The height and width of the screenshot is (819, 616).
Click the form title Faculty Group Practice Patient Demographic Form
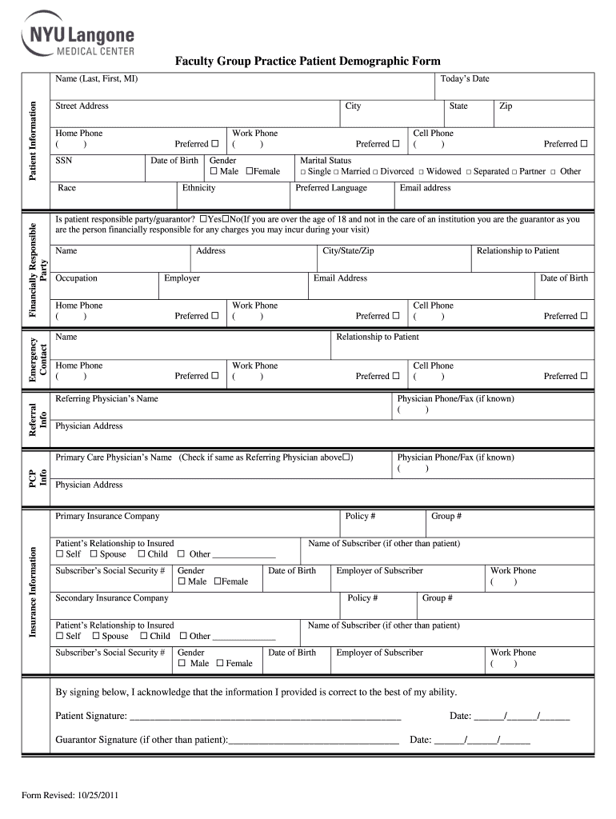[x=308, y=62]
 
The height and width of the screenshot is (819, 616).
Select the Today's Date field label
[x=465, y=79]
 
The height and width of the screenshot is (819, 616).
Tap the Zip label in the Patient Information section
[x=506, y=106]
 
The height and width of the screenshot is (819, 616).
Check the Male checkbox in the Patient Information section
[x=214, y=172]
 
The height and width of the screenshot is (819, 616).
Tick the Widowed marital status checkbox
[x=421, y=172]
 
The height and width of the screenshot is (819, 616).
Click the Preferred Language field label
[x=331, y=189]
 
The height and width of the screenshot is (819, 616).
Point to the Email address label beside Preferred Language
[x=425, y=189]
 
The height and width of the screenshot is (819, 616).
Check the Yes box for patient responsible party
[x=204, y=219]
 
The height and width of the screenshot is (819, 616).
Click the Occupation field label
[x=76, y=278]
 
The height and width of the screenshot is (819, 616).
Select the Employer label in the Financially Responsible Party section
[x=182, y=278]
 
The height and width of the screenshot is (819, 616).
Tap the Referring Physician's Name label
[x=106, y=399]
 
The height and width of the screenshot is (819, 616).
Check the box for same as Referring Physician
[x=346, y=457]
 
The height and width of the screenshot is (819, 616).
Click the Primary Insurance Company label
[x=107, y=517]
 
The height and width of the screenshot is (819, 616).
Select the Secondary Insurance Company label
[x=111, y=598]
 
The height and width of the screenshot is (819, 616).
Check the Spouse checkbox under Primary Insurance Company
[x=94, y=554]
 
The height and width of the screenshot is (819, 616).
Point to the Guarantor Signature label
[x=141, y=740]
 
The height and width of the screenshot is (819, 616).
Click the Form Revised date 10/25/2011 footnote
[x=71, y=796]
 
